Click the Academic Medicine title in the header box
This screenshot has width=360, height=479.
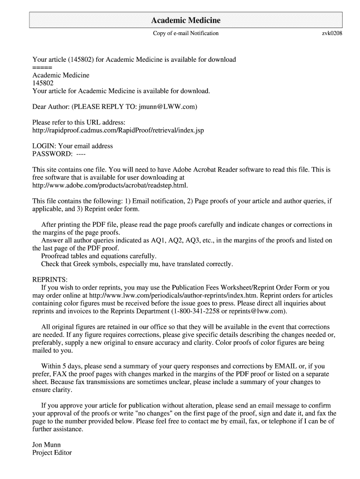click(186, 21)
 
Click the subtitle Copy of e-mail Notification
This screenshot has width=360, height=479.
click(186, 33)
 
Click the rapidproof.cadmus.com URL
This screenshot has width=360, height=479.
click(118, 130)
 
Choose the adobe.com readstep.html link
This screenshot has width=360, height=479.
click(110, 185)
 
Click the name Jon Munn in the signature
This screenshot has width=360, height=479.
click(46, 444)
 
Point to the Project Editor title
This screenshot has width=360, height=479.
click(52, 452)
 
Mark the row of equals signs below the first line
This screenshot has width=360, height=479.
click(42, 67)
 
